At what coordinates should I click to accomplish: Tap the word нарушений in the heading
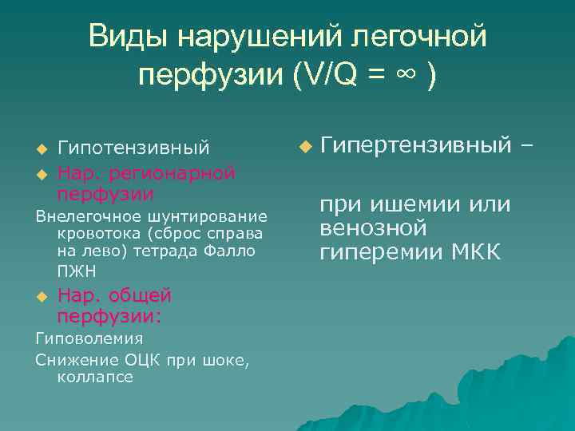click(x=253, y=37)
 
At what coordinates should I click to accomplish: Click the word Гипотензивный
click(x=134, y=148)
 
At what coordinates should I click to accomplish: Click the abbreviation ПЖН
click(x=74, y=271)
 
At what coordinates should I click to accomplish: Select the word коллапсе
click(x=95, y=377)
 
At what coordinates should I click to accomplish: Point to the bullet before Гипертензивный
click(x=304, y=147)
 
